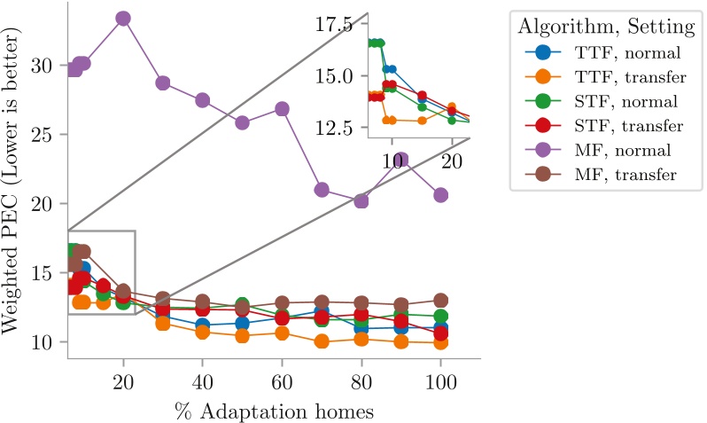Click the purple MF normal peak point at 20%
pos(123,19)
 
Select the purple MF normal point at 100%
pos(440,195)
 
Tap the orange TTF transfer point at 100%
pos(440,342)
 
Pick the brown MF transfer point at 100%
pos(440,301)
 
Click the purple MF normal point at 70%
pos(322,190)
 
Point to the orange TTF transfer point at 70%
pos(322,341)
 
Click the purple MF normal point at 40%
pos(202,100)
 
